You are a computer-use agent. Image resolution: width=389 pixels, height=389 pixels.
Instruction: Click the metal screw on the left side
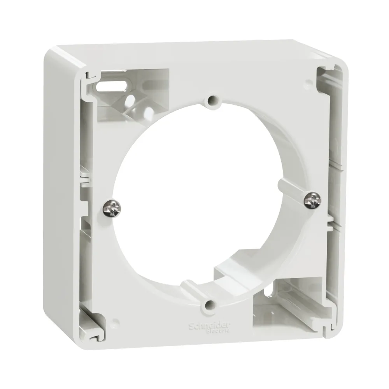[112, 209]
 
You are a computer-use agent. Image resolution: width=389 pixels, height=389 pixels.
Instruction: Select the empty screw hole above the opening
[212, 100]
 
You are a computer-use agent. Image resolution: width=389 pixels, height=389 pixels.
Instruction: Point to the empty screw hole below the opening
[210, 305]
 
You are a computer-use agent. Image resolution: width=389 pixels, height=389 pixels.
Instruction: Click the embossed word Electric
[218, 331]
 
